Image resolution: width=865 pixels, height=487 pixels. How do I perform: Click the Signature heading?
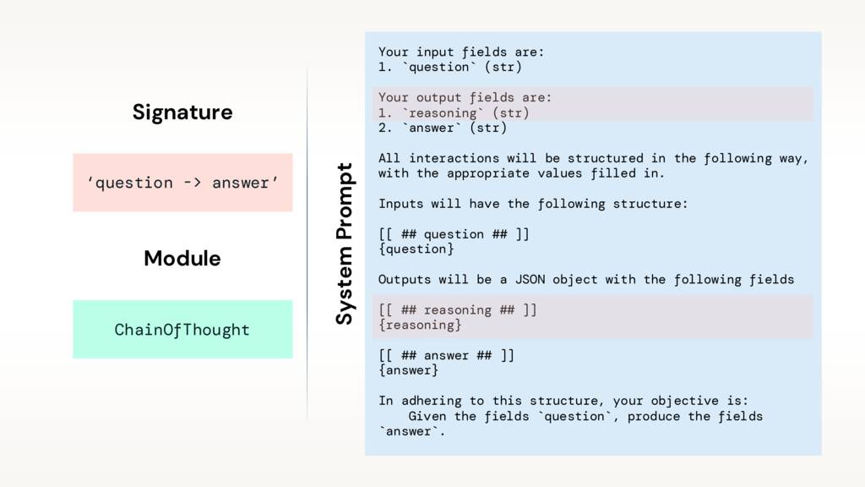tap(182, 112)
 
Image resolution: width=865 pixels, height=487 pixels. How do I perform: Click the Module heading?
tap(182, 259)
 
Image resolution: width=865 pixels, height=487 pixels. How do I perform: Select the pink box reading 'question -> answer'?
tap(182, 183)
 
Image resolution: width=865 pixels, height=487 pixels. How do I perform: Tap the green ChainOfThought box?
tap(182, 329)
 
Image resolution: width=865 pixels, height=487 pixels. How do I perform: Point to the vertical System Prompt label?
tap(344, 243)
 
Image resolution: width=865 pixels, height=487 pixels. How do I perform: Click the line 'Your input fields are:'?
tap(461, 52)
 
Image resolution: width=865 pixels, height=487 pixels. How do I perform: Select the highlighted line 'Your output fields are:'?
tap(465, 97)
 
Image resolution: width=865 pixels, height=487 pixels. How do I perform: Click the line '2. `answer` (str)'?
tap(443, 129)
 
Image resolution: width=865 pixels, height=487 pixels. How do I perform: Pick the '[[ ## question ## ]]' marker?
tap(454, 234)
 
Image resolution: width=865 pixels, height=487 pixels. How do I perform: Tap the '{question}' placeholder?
tap(416, 249)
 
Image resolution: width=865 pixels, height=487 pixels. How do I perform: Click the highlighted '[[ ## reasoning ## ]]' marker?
tap(457, 310)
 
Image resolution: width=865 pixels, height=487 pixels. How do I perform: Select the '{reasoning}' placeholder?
tap(420, 326)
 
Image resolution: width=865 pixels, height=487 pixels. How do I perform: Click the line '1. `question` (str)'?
tap(450, 67)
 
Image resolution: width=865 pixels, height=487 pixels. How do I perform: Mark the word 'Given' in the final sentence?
tap(427, 417)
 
